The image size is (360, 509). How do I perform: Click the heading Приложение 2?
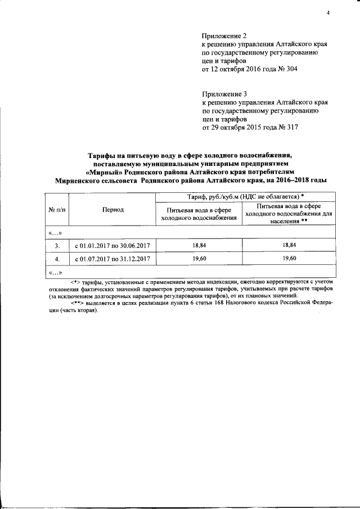coord(224,35)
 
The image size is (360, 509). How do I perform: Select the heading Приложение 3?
coord(224,94)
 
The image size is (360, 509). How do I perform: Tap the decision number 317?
coord(290,128)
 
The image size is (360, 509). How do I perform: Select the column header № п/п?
coord(57,209)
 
